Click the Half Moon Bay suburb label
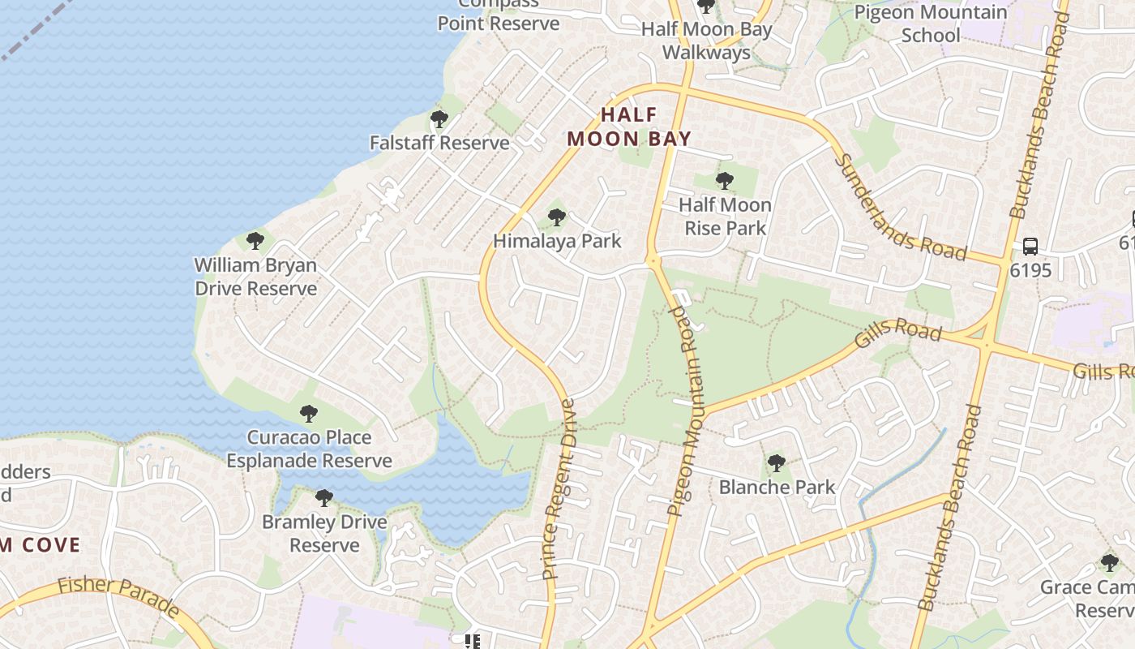629,127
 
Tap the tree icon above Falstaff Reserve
439,120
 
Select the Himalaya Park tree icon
556,217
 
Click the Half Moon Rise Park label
725,217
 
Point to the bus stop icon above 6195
1030,246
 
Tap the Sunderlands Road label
900,208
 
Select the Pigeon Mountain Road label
684,411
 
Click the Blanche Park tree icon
776,463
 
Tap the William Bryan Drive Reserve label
255,277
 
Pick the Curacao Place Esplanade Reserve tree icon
308,414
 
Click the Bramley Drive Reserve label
324,533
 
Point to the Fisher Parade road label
118,595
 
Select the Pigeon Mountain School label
931,24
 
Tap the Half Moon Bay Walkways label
706,41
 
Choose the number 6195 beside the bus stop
1030,270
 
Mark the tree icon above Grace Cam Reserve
1109,562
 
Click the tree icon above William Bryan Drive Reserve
255,241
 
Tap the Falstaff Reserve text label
439,143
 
